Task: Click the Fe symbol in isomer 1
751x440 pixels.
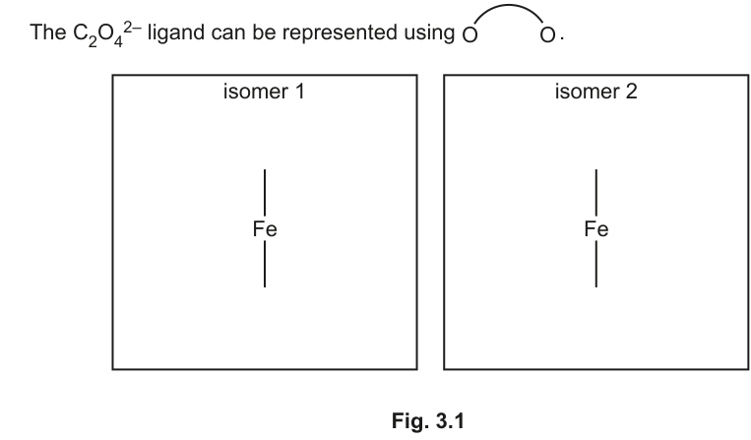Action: [265, 228]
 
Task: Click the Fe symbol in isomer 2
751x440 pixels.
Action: [596, 228]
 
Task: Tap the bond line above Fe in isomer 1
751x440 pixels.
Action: [265, 193]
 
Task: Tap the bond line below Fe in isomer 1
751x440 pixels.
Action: [265, 264]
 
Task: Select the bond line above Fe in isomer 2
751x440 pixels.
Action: [596, 193]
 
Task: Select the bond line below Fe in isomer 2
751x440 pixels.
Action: [596, 264]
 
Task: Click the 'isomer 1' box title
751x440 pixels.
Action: [264, 91]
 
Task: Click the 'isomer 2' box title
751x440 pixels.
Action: [595, 91]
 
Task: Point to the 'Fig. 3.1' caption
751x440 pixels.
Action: [428, 421]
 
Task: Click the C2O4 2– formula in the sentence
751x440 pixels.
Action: [107, 33]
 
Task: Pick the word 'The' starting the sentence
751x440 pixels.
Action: [48, 32]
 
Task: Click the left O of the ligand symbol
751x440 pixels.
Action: [469, 35]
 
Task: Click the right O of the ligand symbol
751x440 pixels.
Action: [547, 35]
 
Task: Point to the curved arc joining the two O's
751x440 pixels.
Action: [509, 6]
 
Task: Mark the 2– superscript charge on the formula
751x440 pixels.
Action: [133, 27]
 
